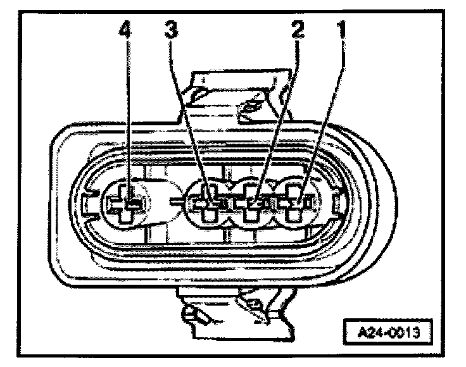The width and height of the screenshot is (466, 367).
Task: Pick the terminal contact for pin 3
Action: click(210, 204)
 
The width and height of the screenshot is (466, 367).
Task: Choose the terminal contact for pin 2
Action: click(255, 204)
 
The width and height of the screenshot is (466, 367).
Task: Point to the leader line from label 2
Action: click(279, 114)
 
